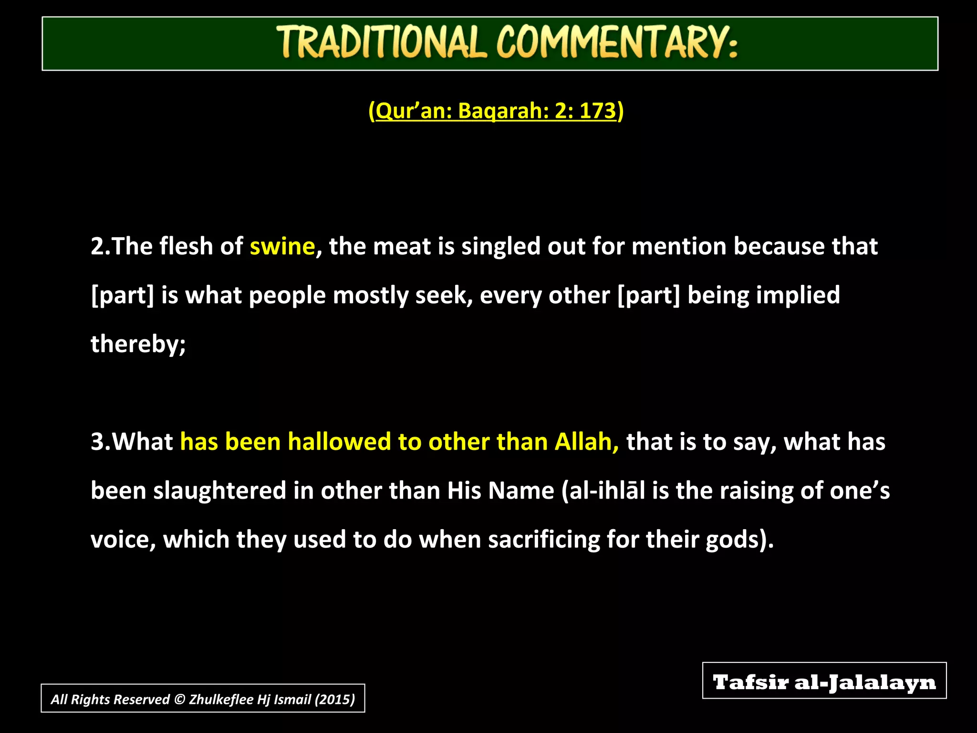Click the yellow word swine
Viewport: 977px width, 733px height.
282,247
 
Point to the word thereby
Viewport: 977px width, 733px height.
137,344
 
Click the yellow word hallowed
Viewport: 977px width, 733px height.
339,442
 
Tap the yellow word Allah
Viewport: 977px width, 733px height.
586,442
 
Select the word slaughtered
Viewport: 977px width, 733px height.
219,492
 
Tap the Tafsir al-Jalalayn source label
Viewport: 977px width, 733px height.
824,681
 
